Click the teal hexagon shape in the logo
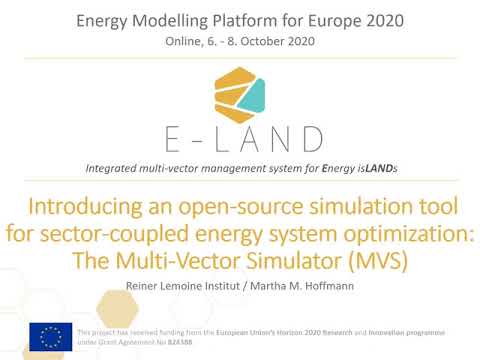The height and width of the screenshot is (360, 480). (261, 96)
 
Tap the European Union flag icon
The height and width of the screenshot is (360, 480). (49, 335)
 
